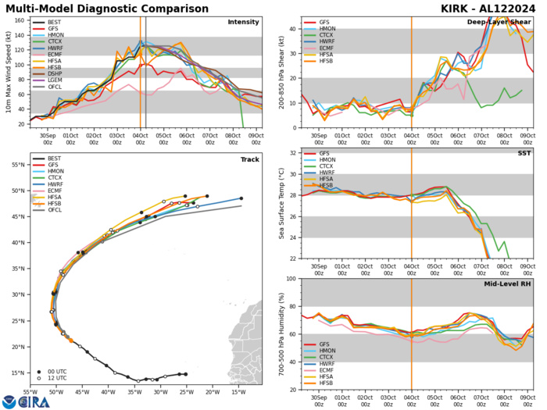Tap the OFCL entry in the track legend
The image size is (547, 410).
54,232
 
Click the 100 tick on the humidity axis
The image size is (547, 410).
291,279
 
